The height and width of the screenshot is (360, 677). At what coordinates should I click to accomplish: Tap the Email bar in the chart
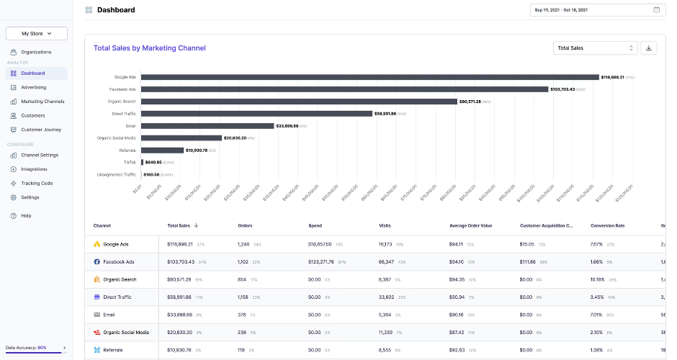click(x=208, y=126)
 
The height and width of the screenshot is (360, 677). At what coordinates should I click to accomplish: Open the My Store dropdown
click(x=36, y=33)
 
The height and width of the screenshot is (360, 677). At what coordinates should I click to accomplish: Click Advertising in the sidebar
click(x=33, y=87)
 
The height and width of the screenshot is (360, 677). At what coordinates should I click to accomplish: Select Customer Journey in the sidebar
click(x=41, y=130)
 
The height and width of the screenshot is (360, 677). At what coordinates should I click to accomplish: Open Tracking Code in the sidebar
click(x=37, y=183)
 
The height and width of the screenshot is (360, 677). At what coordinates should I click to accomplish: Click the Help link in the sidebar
click(x=26, y=215)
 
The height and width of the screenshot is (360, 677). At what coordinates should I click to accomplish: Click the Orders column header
click(x=245, y=226)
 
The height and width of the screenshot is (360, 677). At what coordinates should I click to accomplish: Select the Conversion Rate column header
click(x=607, y=226)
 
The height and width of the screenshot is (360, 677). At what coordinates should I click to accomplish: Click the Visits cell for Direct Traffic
click(x=386, y=297)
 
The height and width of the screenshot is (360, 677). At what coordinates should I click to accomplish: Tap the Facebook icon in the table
click(x=97, y=261)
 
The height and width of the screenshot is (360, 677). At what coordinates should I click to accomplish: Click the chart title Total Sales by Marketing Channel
click(x=149, y=48)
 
